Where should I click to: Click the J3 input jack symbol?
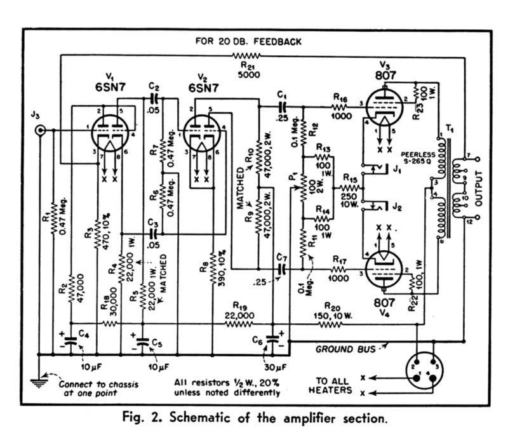tap(40, 130)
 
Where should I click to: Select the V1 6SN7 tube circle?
tap(110, 133)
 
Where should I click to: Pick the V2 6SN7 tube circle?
tap(202, 133)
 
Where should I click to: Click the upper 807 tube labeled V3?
tap(384, 107)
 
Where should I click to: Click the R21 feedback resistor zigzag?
tap(246, 56)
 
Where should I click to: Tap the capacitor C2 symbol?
tap(154, 98)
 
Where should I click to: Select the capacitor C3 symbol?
tap(154, 233)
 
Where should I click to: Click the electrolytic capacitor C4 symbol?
tap(71, 340)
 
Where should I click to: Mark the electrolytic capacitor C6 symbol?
tap(272, 339)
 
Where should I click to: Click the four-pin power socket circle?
tap(424, 370)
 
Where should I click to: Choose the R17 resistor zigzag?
tap(338, 269)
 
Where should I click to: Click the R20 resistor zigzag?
tap(330, 323)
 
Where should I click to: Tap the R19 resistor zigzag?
tap(239, 323)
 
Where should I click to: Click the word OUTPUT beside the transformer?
tap(479, 189)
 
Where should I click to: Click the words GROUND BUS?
tap(345, 349)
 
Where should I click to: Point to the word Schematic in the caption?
tap(200, 418)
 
